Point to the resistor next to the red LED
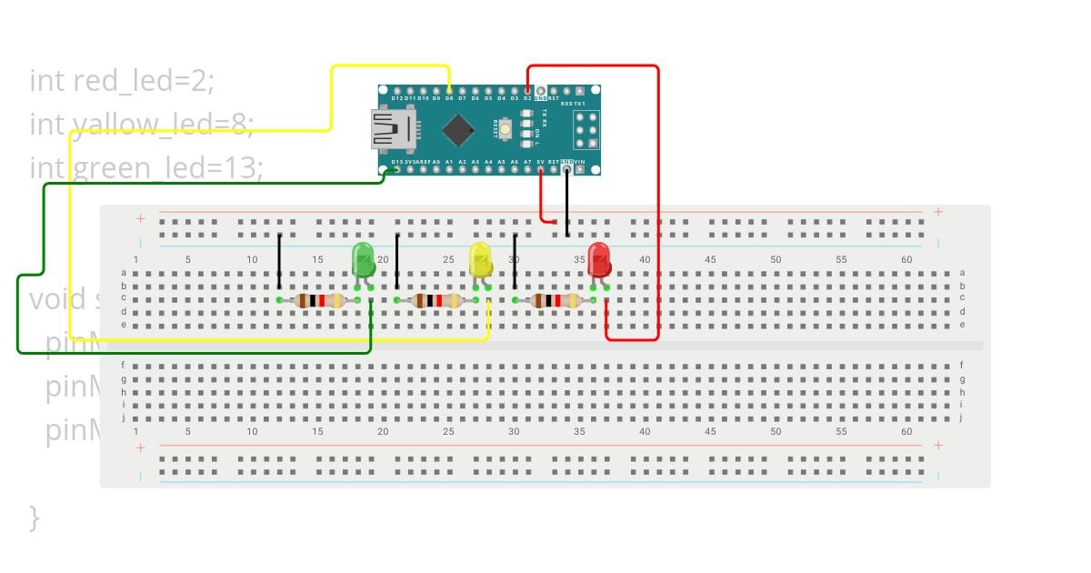[x=556, y=300]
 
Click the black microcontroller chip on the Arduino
[x=457, y=130]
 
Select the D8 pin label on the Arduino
[x=449, y=98]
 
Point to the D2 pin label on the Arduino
[x=527, y=98]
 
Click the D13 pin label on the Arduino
[x=396, y=162]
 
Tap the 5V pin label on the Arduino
[x=540, y=162]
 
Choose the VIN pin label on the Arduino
[x=580, y=162]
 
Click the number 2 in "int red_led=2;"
[x=202, y=81]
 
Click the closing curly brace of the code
[x=35, y=518]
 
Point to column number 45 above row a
[x=710, y=260]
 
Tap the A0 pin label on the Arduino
[x=436, y=162]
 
